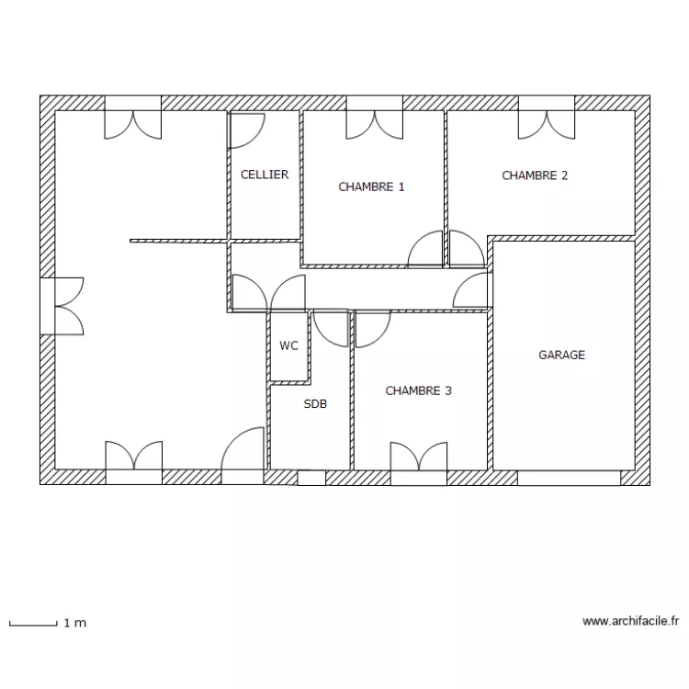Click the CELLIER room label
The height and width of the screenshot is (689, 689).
pyautogui.click(x=264, y=175)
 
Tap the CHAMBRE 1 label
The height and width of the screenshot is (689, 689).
pyautogui.click(x=371, y=186)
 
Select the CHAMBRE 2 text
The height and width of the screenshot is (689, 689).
pyautogui.click(x=535, y=175)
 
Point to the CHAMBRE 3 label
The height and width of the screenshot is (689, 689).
pyautogui.click(x=418, y=390)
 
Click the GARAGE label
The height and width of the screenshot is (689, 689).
pyautogui.click(x=561, y=355)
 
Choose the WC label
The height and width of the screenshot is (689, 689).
pyautogui.click(x=288, y=346)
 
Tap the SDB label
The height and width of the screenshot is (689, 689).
pyautogui.click(x=315, y=403)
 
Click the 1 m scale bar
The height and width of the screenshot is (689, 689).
pyautogui.click(x=33, y=624)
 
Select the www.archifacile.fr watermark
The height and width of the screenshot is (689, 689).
pyautogui.click(x=630, y=621)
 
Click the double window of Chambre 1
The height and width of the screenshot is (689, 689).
pyautogui.click(x=374, y=123)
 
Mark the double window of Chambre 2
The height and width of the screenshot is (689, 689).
pyautogui.click(x=548, y=123)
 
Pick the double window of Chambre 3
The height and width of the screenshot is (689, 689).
pyautogui.click(x=419, y=457)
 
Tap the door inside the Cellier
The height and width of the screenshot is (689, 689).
pyautogui.click(x=246, y=130)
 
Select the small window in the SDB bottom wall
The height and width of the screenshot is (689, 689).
pyautogui.click(x=311, y=478)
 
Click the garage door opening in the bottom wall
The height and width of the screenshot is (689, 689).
pyautogui.click(x=569, y=478)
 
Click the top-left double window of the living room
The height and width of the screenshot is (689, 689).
pyautogui.click(x=133, y=123)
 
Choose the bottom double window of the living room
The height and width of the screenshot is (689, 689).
pyautogui.click(x=133, y=457)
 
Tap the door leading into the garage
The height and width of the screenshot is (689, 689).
pyautogui.click(x=474, y=290)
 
